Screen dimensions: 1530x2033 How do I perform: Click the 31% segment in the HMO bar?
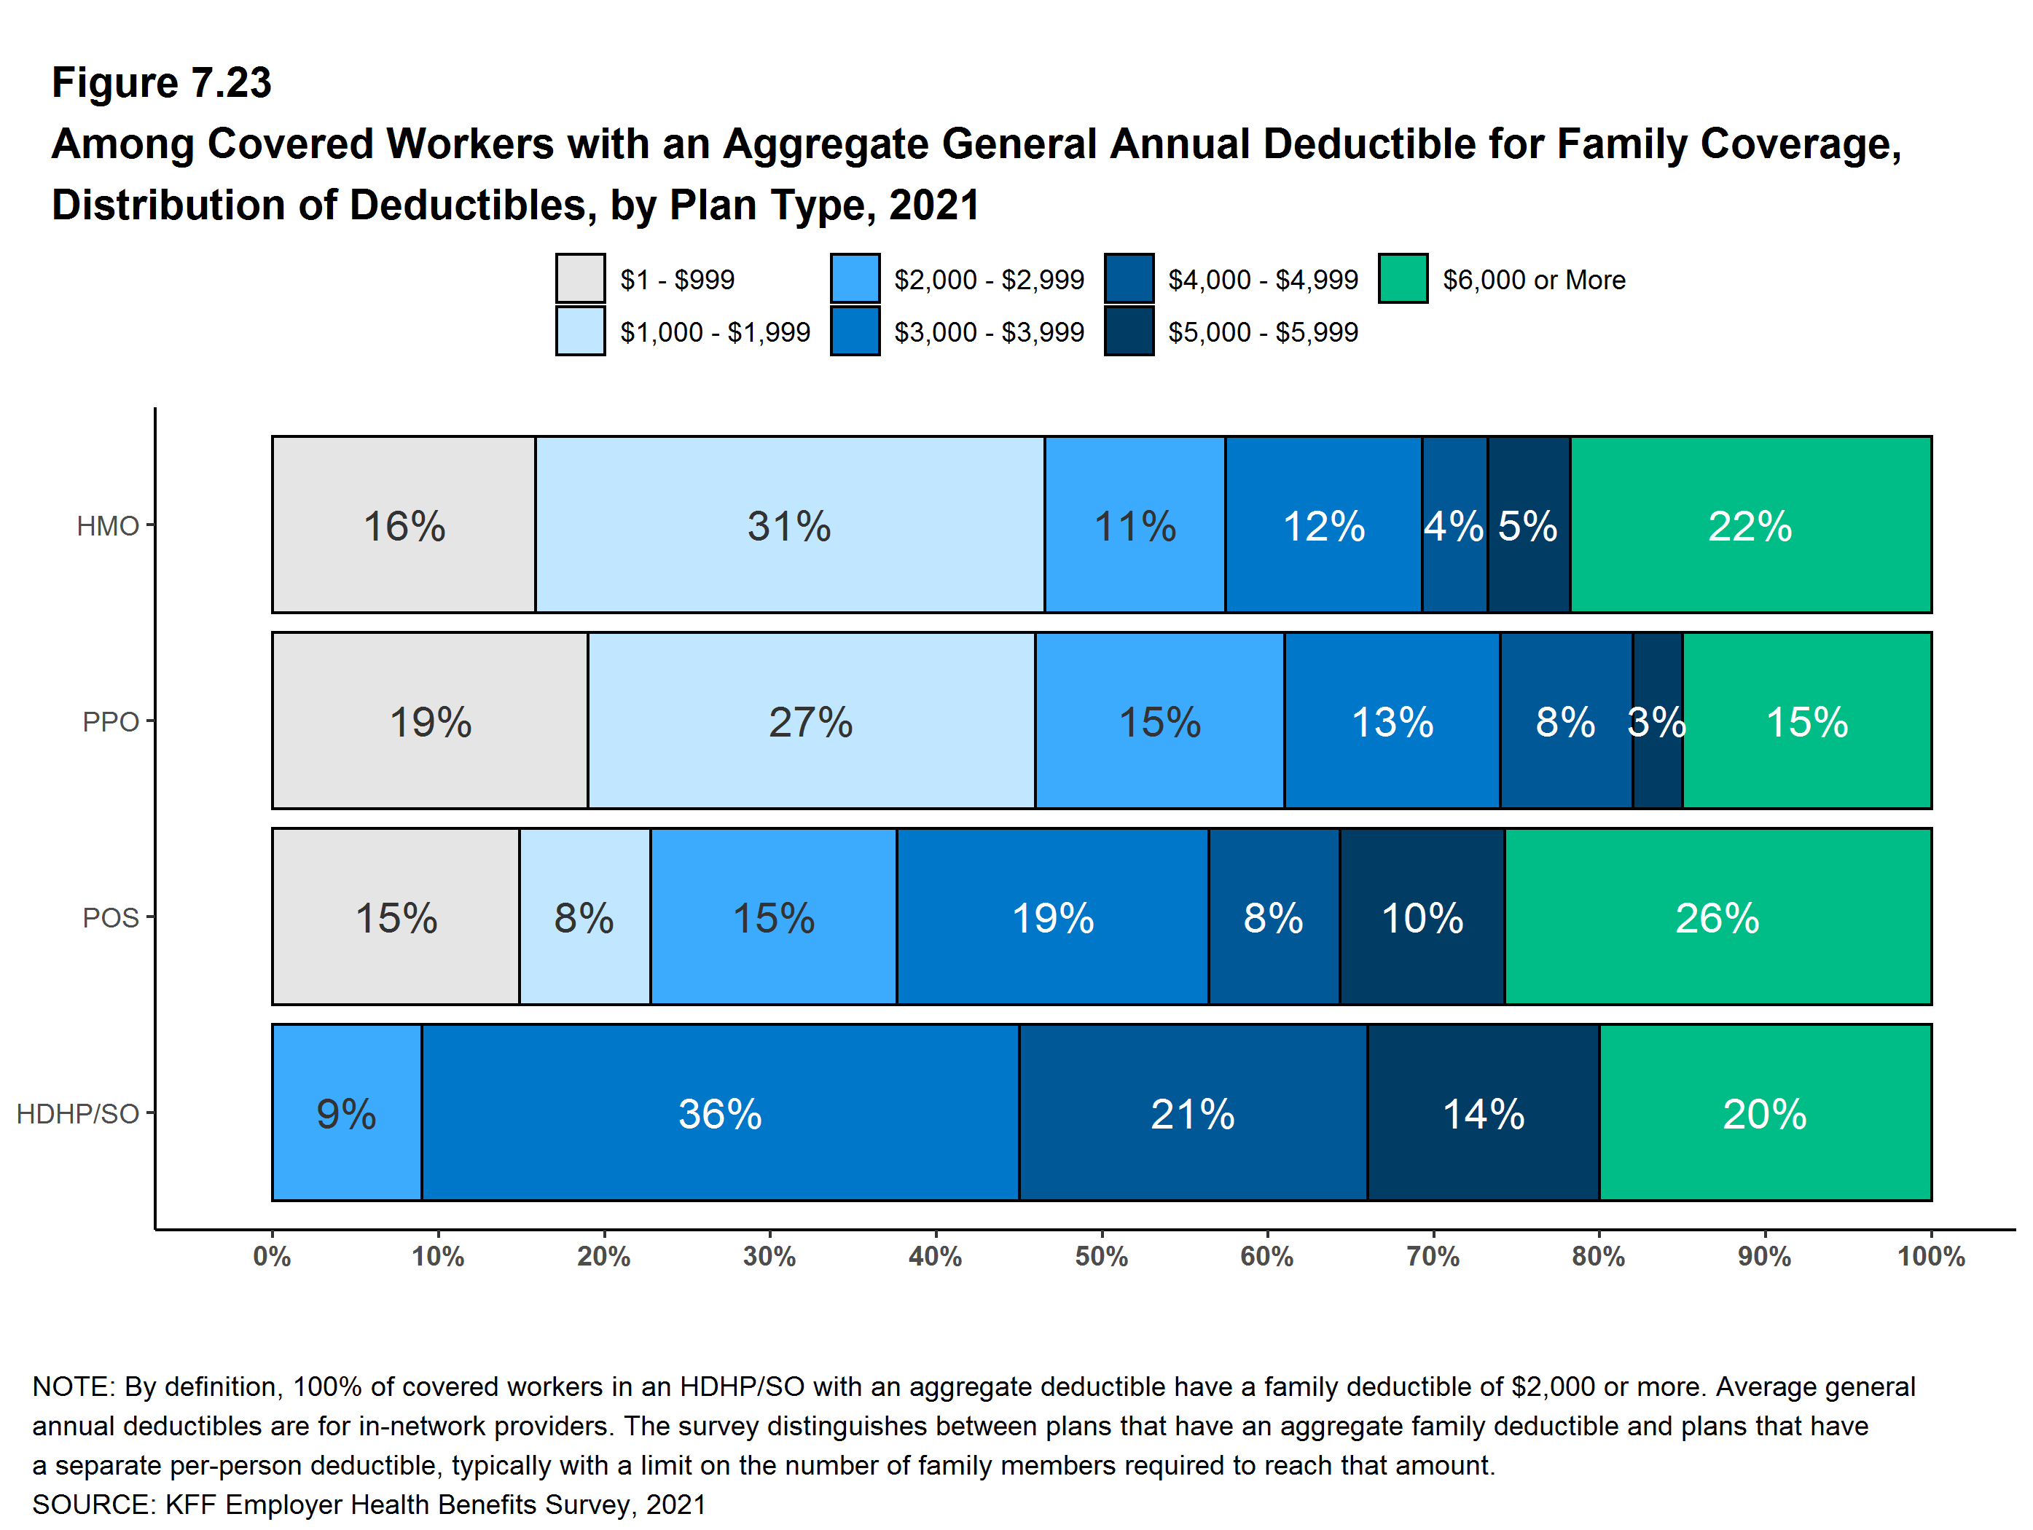click(788, 525)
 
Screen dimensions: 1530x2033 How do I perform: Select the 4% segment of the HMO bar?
click(1454, 525)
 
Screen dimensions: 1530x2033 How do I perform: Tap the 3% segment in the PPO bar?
click(1656, 721)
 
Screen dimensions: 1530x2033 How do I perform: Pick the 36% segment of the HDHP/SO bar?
click(720, 1113)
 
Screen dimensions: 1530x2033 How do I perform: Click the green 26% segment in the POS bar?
click(1717, 917)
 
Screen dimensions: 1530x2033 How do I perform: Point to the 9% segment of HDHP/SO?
click(347, 1113)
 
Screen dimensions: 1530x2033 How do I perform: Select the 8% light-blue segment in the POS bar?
click(584, 917)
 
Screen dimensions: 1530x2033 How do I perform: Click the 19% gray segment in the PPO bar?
click(429, 721)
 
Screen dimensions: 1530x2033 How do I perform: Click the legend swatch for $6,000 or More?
click(1403, 278)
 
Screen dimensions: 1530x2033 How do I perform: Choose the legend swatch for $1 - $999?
click(580, 278)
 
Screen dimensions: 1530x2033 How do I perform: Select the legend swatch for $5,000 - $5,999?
click(1129, 331)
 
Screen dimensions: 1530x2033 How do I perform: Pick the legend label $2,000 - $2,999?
click(988, 279)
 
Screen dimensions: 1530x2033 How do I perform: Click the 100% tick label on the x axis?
click(1930, 1256)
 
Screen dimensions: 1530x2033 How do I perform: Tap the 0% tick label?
click(272, 1256)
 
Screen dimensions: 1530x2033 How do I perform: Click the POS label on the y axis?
click(110, 917)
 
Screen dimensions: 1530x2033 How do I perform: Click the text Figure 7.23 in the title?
click(162, 83)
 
